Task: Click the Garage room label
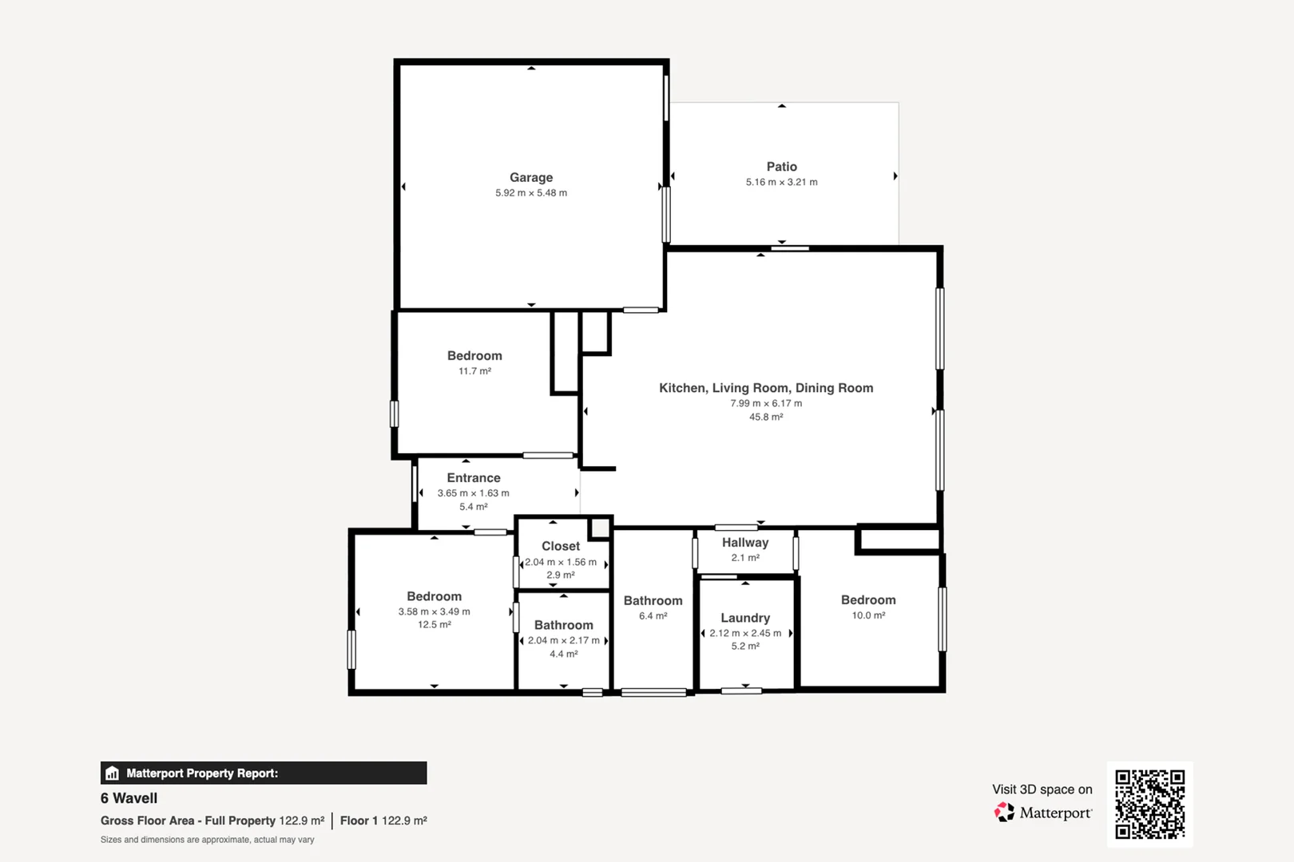[x=531, y=177]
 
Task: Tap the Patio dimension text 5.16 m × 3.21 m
[x=781, y=182]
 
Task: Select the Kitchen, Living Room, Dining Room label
[x=766, y=388]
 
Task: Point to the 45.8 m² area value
[x=766, y=417]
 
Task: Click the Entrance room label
[x=474, y=478]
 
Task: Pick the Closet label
[x=561, y=547]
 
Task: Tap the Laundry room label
[x=745, y=618]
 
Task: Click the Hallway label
[x=745, y=543]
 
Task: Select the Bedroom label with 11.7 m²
[x=474, y=356]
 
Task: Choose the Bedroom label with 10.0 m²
[x=868, y=600]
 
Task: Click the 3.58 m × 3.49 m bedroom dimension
[x=434, y=611]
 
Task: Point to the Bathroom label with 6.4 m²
[x=653, y=601]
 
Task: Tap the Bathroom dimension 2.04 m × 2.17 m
[x=563, y=640]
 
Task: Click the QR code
[x=1149, y=804]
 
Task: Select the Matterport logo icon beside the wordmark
[x=1004, y=813]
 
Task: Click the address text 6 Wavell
[x=129, y=798]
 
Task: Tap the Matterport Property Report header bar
[x=264, y=773]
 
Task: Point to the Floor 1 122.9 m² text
[x=383, y=820]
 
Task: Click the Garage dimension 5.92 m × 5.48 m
[x=531, y=193]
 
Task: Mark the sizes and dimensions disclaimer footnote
[x=208, y=840]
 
